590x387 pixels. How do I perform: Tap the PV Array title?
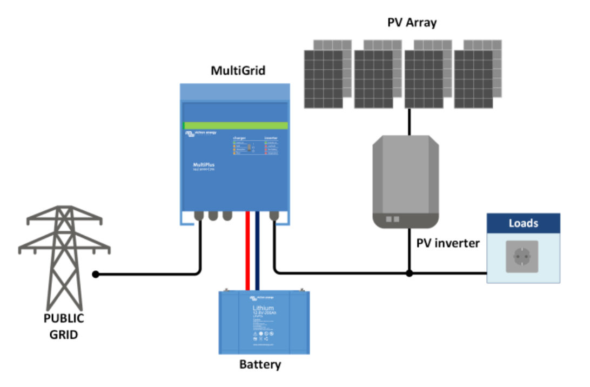412,23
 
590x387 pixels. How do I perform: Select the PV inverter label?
448,243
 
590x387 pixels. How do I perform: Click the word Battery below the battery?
260,365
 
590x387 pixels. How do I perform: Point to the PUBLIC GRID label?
64,326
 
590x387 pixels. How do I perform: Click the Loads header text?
523,223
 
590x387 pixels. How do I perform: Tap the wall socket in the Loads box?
522,257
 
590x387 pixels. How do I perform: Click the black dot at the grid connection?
96,275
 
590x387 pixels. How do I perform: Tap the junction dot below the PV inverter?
409,273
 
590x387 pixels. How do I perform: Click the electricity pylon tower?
64,254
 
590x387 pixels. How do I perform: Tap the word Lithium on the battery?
263,308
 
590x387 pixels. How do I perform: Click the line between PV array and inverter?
409,122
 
